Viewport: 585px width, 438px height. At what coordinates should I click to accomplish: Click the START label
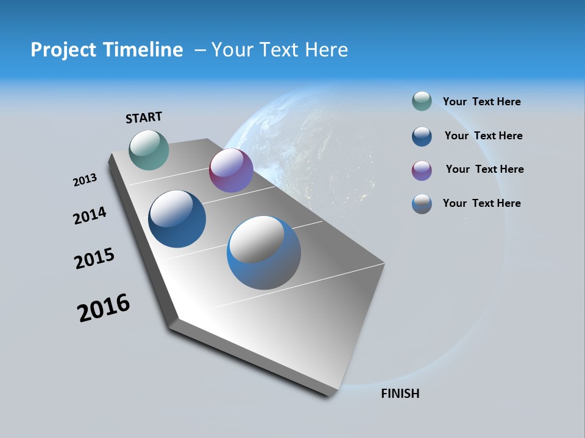[x=144, y=117]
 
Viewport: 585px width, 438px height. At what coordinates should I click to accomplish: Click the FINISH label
[x=400, y=394]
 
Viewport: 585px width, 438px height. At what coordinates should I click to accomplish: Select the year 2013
[x=85, y=180]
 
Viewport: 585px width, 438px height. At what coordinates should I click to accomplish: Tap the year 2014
[x=90, y=215]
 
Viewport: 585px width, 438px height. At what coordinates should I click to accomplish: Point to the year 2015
[x=94, y=258]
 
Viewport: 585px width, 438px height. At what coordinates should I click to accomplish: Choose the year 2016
[x=104, y=307]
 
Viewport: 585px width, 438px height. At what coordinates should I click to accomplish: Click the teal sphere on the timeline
[x=149, y=150]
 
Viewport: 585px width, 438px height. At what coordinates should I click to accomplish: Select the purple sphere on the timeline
[x=231, y=170]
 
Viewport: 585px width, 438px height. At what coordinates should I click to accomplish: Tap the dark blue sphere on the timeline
[x=177, y=219]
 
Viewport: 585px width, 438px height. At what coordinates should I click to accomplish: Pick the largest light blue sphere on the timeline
[x=264, y=252]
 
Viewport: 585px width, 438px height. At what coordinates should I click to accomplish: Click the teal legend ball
[x=422, y=102]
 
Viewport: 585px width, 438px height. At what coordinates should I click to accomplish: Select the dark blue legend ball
[x=422, y=136]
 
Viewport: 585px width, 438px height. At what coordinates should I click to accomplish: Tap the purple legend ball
[x=422, y=170]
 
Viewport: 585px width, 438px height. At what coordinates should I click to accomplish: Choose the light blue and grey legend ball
[x=422, y=204]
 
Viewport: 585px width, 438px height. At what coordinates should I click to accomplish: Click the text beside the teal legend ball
[x=481, y=102]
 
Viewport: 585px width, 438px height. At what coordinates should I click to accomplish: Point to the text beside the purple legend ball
[x=484, y=169]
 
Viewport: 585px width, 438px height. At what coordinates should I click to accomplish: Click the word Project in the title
[x=62, y=50]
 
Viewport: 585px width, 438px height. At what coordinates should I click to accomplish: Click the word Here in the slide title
[x=326, y=50]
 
